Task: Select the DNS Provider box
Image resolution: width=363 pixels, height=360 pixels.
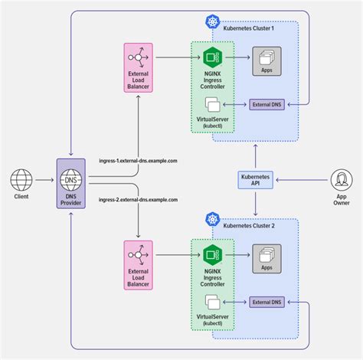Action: (x=71, y=186)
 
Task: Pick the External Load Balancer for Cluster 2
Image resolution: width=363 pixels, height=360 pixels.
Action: (x=139, y=265)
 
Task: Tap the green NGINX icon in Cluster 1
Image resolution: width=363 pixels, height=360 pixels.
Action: (x=212, y=56)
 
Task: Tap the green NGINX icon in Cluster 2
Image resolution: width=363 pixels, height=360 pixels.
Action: (x=212, y=254)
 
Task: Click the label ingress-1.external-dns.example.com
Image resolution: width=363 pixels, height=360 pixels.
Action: (x=139, y=161)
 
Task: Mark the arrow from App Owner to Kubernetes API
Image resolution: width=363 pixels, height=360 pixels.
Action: (x=300, y=181)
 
